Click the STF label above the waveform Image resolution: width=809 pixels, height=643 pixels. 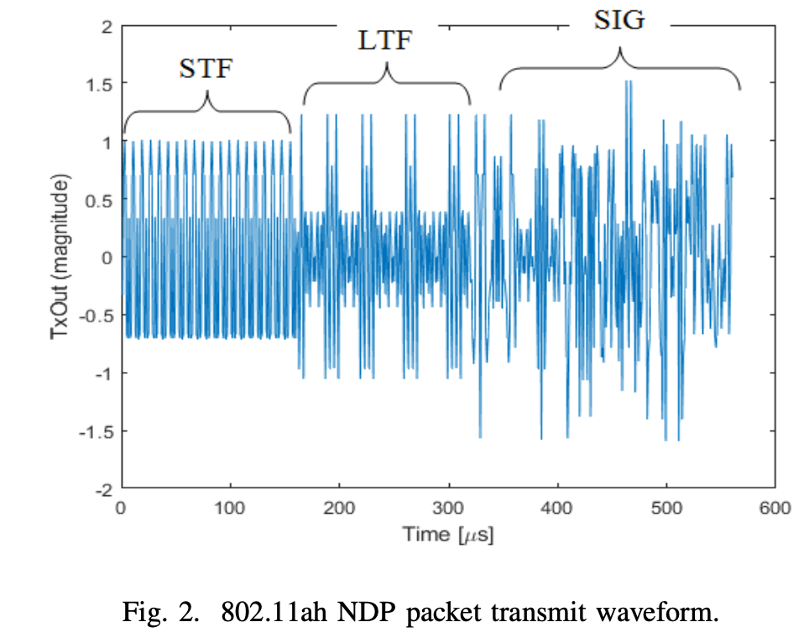pyautogui.click(x=206, y=69)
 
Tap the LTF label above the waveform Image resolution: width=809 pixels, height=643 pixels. pyautogui.click(x=386, y=39)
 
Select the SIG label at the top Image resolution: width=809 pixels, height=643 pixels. pyautogui.click(x=619, y=19)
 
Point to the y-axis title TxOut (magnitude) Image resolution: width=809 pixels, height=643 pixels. pyautogui.click(x=60, y=257)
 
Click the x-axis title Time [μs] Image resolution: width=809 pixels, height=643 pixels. pyautogui.click(x=447, y=534)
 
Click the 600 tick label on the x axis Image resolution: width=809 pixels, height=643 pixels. pyautogui.click(x=774, y=508)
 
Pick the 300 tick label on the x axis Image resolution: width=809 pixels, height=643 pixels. pyautogui.click(x=447, y=508)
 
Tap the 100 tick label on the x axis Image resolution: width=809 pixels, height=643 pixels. pyautogui.click(x=230, y=508)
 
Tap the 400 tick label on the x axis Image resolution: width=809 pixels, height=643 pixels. pyautogui.click(x=556, y=508)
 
